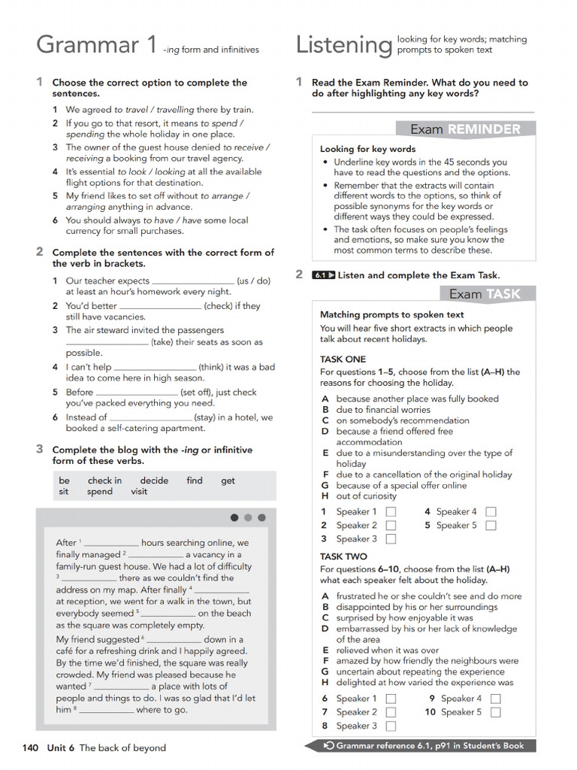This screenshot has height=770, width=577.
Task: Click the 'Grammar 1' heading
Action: (x=97, y=45)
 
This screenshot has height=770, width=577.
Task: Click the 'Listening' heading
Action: (x=343, y=45)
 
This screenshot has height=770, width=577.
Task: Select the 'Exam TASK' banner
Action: (x=484, y=294)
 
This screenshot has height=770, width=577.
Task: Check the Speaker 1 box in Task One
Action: (x=391, y=512)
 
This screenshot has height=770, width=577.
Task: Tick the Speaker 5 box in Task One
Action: (x=491, y=526)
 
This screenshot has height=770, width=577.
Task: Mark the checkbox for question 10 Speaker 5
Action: (x=495, y=712)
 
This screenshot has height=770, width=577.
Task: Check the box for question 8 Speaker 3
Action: (x=391, y=726)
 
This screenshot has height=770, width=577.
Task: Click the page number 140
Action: (x=30, y=747)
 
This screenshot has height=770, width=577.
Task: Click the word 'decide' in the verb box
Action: (x=154, y=480)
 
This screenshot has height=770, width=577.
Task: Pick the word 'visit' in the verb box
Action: (x=139, y=492)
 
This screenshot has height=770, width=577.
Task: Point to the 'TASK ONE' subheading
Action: (x=343, y=359)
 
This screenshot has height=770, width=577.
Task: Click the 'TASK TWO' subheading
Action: (x=343, y=556)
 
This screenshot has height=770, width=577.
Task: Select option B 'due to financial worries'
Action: (x=382, y=410)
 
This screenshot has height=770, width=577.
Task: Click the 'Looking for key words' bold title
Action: (x=367, y=149)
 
